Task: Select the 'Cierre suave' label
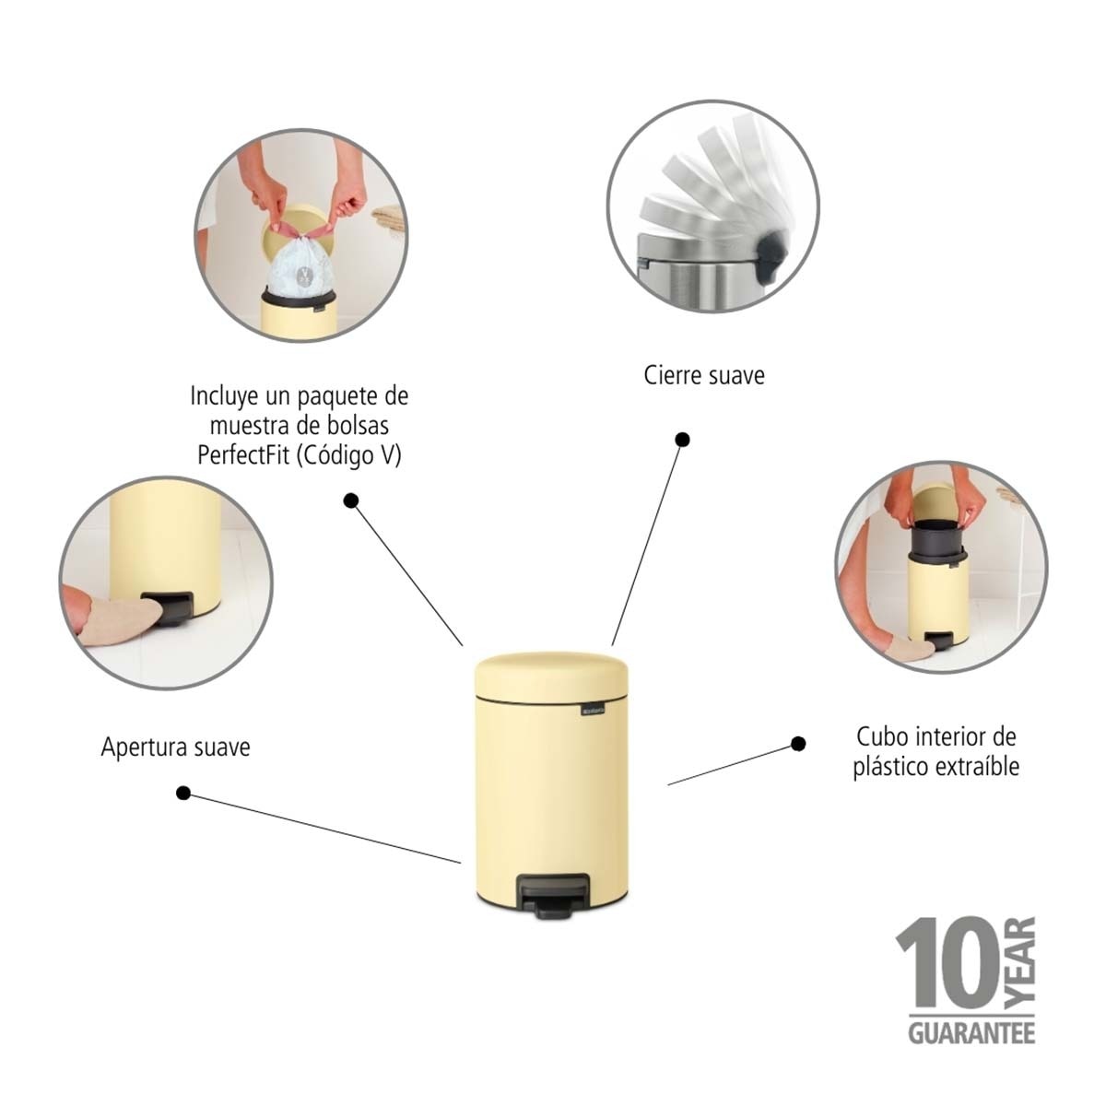(x=704, y=376)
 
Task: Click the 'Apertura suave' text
(x=175, y=747)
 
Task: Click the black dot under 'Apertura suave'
(x=183, y=793)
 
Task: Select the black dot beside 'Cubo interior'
(x=798, y=743)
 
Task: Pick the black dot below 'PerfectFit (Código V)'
(x=350, y=500)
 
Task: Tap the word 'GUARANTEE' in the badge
(x=971, y=1032)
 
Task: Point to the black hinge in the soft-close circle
(x=769, y=252)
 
